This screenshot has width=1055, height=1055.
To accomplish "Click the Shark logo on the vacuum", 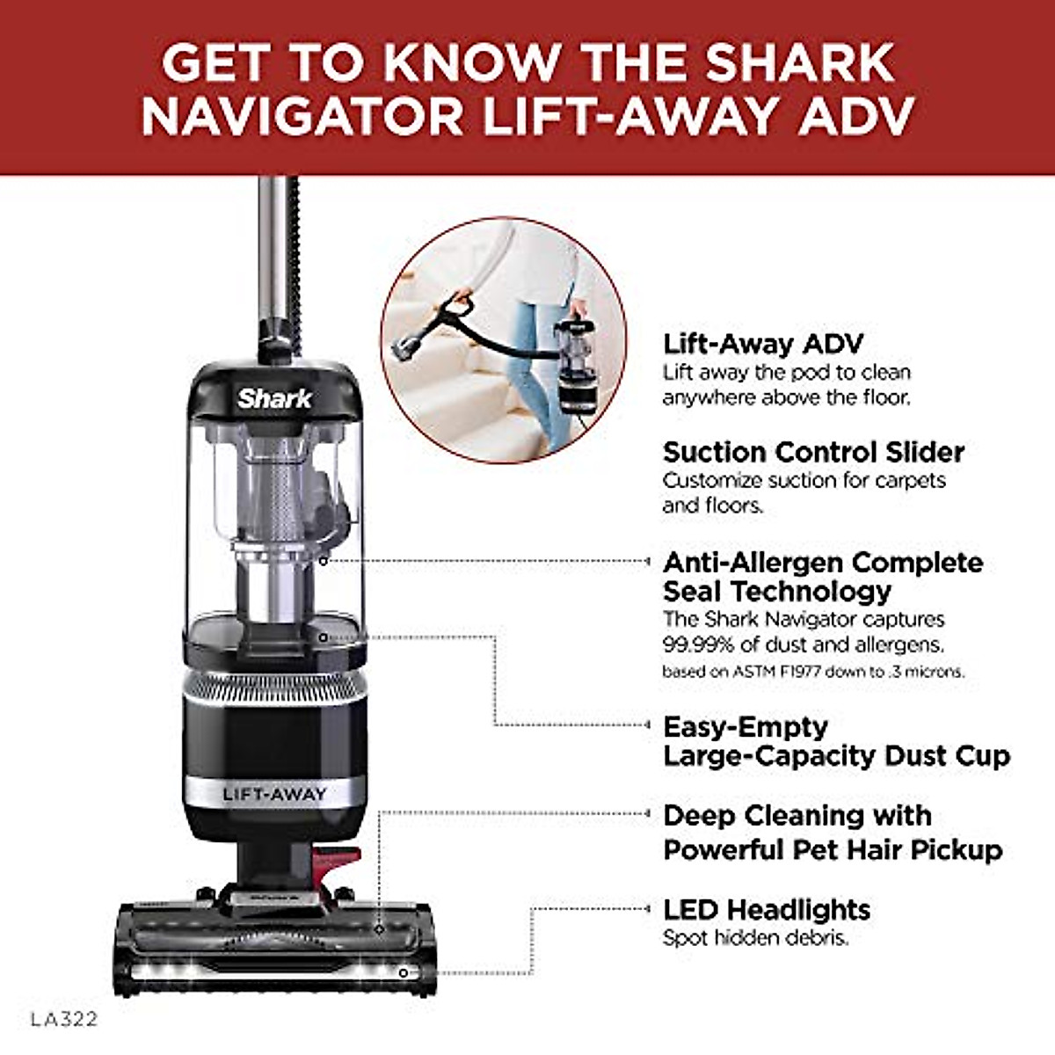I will pos(274,398).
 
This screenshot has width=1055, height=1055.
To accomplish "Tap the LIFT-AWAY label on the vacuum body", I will pos(274,795).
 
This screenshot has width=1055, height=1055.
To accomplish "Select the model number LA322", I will pos(64,1020).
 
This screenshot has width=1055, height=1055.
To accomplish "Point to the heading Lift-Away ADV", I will pos(762,344).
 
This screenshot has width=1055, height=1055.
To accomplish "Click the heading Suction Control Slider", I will pos(813,452).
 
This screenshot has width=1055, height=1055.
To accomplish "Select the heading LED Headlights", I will pos(766,909).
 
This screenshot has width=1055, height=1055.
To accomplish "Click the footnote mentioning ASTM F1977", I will pos(813,672).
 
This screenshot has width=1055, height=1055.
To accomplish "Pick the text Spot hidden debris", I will pos(755,938).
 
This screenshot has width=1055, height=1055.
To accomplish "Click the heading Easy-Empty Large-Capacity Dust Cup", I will pos(836,741).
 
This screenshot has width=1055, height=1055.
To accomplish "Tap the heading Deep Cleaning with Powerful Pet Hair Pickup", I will pos(832,833).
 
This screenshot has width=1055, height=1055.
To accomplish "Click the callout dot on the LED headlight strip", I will pos(403,972).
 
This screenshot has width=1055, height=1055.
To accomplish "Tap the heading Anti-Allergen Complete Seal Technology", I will pos(822,576).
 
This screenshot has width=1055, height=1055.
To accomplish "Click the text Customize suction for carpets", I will pos(804,481).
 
